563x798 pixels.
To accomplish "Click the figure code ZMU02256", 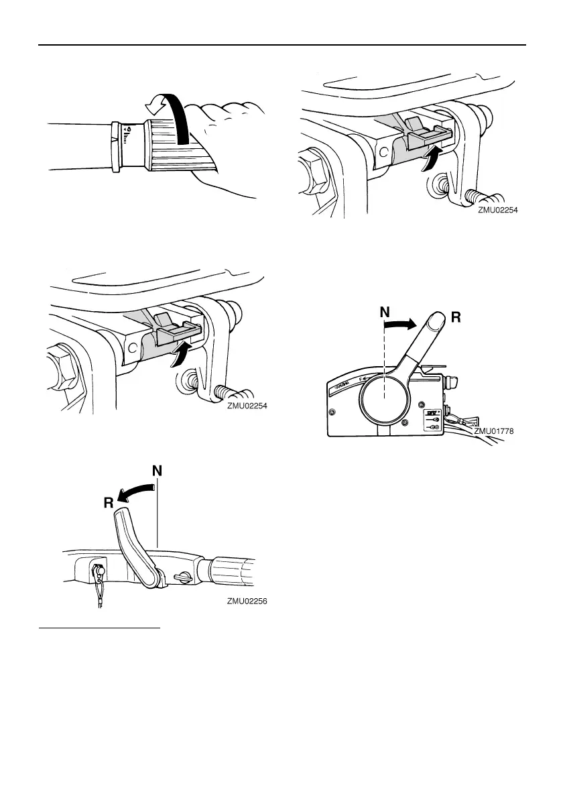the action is tap(247, 602).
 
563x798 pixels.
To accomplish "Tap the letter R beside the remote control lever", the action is tap(457, 319).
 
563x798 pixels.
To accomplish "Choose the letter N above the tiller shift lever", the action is tap(157, 472).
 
